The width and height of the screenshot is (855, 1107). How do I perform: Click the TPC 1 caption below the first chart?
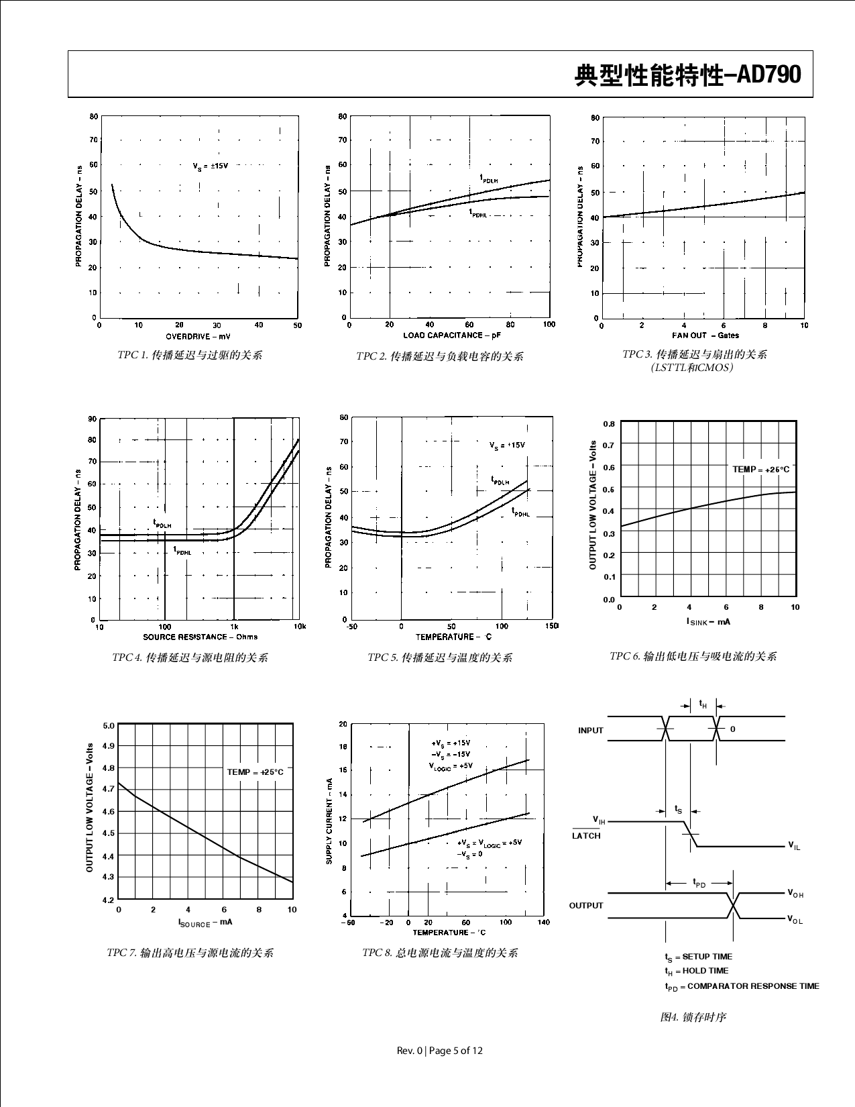click(x=190, y=355)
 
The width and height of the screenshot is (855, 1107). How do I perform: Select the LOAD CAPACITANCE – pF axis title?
click(x=452, y=335)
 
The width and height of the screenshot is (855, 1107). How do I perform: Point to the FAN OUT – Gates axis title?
click(x=705, y=335)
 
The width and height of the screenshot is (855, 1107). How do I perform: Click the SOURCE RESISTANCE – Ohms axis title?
click(x=200, y=637)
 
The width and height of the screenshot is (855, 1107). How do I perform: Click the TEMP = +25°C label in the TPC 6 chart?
click(x=760, y=470)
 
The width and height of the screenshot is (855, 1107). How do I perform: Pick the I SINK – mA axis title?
click(x=708, y=622)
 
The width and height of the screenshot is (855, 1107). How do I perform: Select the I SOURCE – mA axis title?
click(x=205, y=922)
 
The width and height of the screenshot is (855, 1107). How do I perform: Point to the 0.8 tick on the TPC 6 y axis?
click(x=608, y=424)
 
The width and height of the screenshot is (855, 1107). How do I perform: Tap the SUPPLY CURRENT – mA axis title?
click(x=329, y=821)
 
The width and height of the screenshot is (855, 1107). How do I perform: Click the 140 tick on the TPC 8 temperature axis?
click(x=544, y=922)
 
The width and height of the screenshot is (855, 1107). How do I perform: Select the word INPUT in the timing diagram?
click(x=591, y=731)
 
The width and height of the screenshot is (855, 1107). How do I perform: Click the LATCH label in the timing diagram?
click(x=586, y=836)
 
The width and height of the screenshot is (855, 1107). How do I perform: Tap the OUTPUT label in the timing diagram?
click(x=586, y=906)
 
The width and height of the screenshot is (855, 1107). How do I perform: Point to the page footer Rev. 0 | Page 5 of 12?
click(x=440, y=1051)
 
